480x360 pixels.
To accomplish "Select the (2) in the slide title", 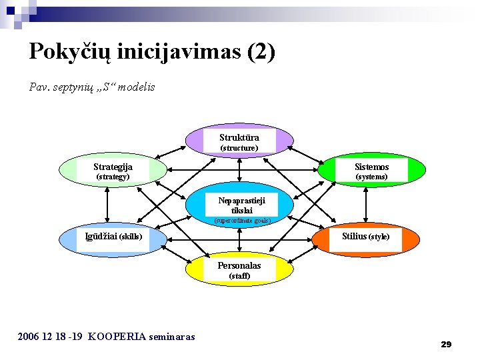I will tap(261, 52).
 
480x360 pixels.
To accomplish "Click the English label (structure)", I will tap(239, 148).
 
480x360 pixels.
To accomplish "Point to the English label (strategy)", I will tap(113, 177).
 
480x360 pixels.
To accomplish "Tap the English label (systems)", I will tap(371, 177).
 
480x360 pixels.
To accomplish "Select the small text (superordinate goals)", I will tap(241, 220).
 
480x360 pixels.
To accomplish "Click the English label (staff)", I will tap(239, 276).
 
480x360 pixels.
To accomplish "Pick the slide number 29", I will tap(446, 344).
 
